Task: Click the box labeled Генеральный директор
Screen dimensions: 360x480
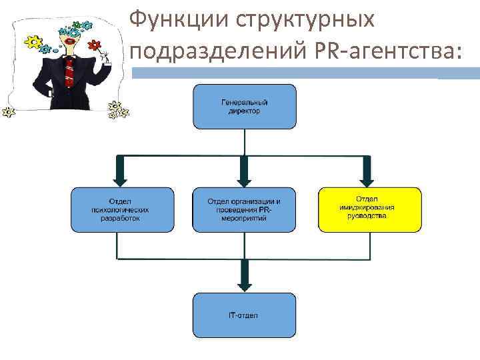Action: pos(244,107)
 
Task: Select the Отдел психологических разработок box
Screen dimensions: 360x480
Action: pos(122,209)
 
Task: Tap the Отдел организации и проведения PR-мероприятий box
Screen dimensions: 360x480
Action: pos(244,209)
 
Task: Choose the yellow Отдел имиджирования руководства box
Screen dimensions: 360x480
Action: pos(370,209)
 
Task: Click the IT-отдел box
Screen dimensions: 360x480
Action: pos(244,315)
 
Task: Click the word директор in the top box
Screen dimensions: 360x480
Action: pos(244,111)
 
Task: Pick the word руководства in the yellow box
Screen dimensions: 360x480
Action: pos(370,217)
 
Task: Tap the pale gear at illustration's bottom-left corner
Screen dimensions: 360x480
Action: pos(8,112)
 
